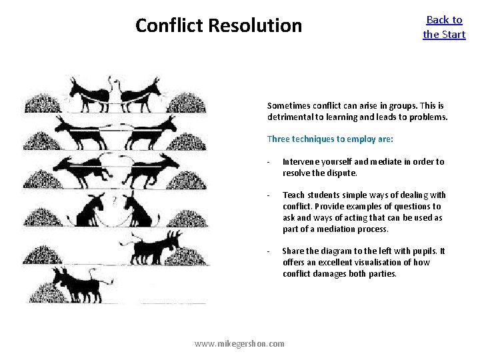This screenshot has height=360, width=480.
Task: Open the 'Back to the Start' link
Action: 444,27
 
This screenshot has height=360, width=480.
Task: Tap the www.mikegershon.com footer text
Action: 239,343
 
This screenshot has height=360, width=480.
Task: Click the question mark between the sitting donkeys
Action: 115,199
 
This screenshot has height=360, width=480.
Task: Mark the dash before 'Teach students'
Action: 267,195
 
